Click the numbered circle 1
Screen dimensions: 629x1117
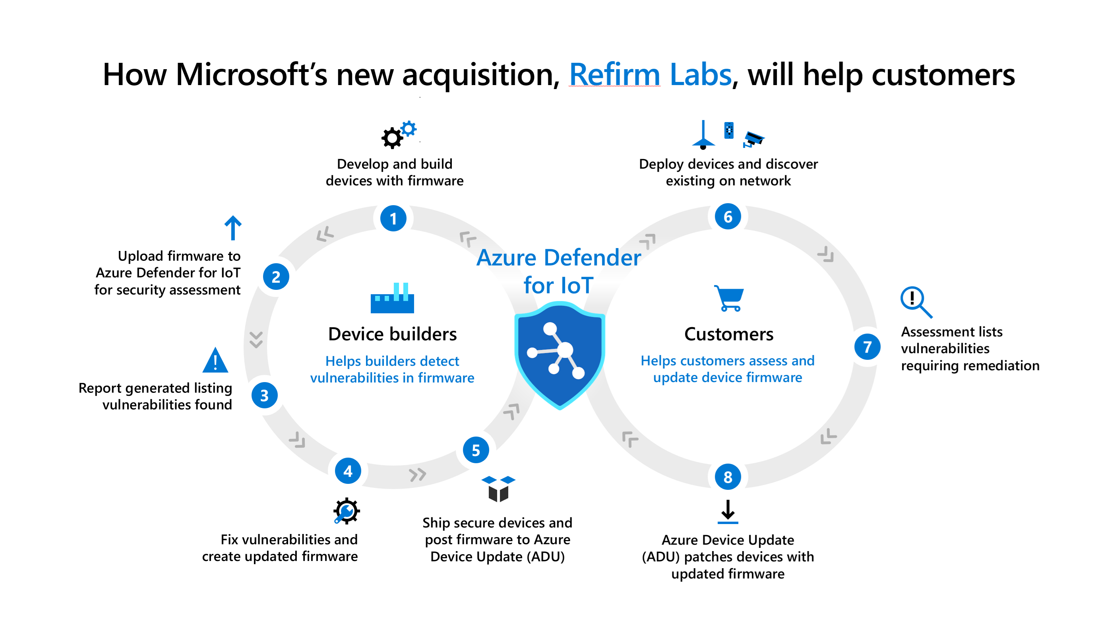[x=393, y=218]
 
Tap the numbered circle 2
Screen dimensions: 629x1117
[x=276, y=276]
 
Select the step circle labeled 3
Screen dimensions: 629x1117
[x=264, y=395]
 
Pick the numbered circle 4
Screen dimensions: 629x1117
[x=348, y=471]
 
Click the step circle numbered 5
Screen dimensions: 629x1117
[x=476, y=450]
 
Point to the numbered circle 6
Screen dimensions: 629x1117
[x=728, y=216]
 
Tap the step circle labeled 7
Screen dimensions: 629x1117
[x=867, y=347]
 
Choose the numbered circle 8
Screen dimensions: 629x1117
[x=728, y=477]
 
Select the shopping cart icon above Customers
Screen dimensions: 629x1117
[x=729, y=299]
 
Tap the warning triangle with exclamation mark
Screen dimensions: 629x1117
[x=215, y=361]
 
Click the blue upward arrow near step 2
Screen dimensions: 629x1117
[x=233, y=228]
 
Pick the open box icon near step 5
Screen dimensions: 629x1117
[x=498, y=489]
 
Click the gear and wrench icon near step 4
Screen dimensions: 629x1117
[x=347, y=511]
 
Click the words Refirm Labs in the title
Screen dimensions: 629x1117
[x=650, y=75]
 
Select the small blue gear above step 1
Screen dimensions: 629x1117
[x=408, y=129]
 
